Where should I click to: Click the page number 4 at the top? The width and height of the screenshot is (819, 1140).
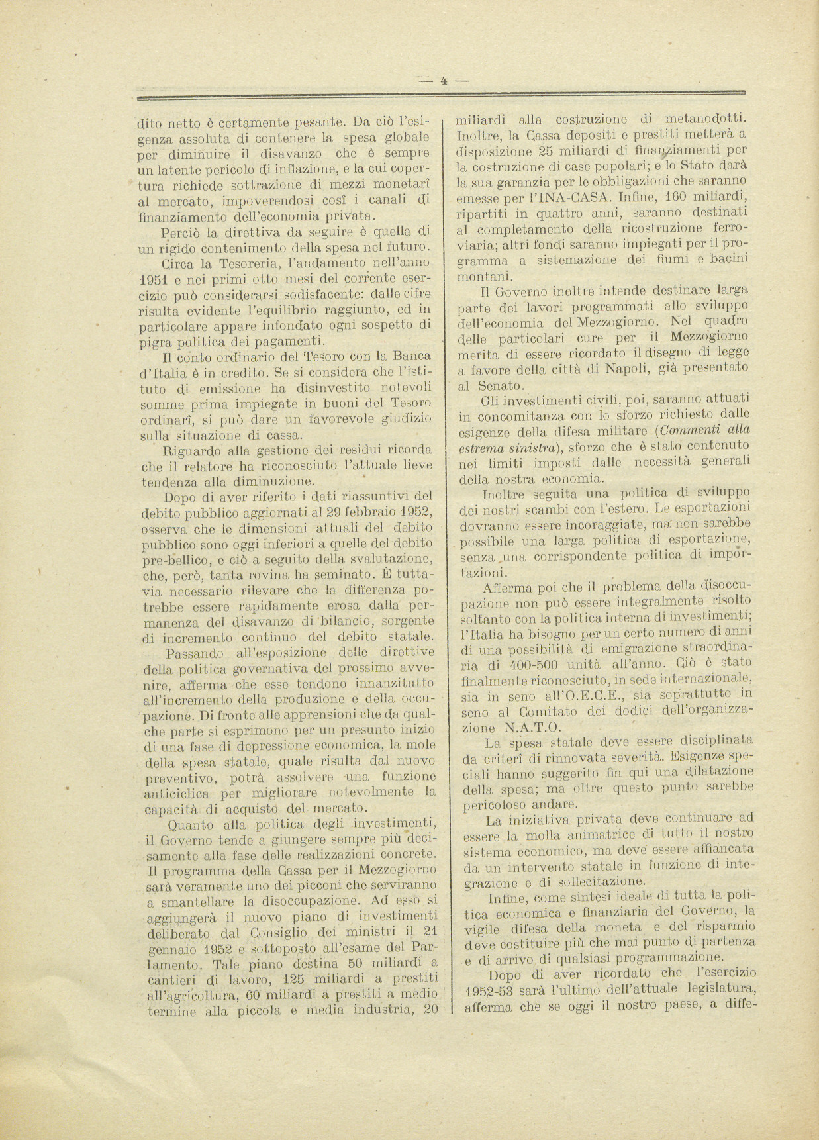pos(444,81)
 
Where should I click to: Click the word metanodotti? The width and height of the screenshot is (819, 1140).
pos(704,119)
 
